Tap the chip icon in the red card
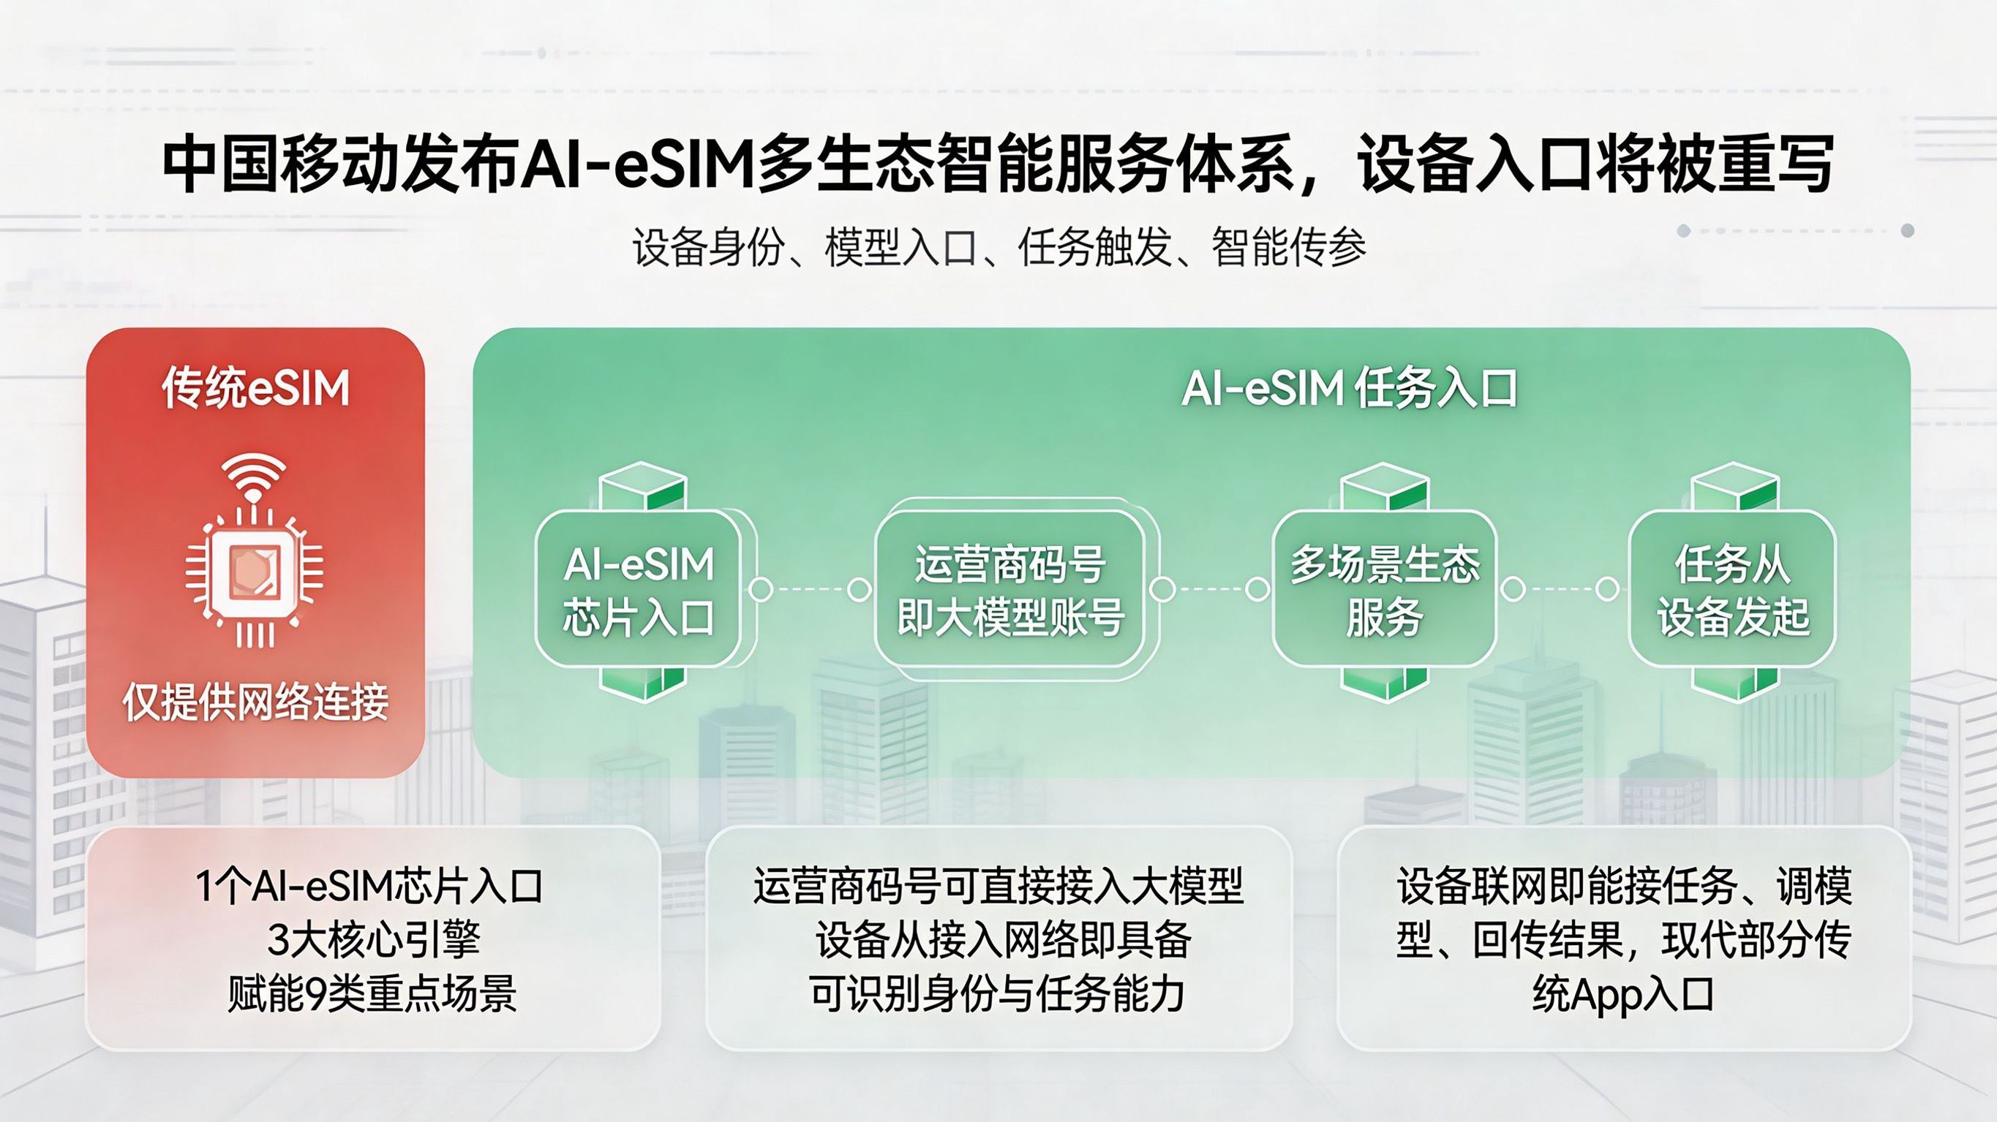[x=255, y=573]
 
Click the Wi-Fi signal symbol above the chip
[x=254, y=476]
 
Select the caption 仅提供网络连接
[x=255, y=701]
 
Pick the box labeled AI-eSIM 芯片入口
[x=638, y=589]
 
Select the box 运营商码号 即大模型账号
[x=1010, y=589]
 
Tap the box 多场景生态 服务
[x=1385, y=589]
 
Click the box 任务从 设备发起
[x=1733, y=589]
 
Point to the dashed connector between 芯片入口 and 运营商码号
[x=809, y=590]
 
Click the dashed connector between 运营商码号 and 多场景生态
[x=1209, y=590]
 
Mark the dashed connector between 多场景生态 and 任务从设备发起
[x=1560, y=590]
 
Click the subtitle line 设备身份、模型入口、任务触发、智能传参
[x=998, y=247]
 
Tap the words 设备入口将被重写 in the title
[x=1596, y=164]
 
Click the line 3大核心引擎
[x=373, y=939]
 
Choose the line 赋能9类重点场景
[x=373, y=993]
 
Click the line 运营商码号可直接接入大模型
[x=998, y=886]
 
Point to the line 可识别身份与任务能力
[x=998, y=993]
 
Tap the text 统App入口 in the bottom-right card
[x=1623, y=994]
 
